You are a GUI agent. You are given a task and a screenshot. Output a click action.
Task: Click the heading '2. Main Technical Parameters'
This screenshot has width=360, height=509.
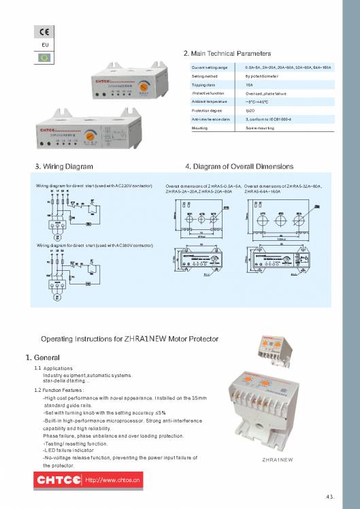[x=227, y=53]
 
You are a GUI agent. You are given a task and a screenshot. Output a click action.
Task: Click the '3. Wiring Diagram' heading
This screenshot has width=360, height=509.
[x=64, y=166]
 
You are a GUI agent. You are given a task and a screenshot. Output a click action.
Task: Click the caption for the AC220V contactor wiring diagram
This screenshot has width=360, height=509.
[x=98, y=186]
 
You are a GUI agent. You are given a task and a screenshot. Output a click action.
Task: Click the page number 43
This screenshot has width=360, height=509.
[x=330, y=495]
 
